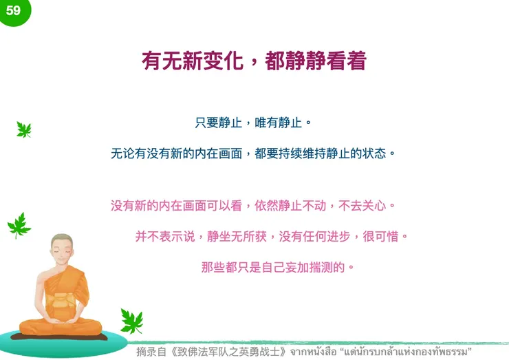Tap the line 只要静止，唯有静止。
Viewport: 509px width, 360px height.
254,123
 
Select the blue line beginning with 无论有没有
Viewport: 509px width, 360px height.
254,153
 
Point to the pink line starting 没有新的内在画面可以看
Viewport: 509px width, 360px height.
254,205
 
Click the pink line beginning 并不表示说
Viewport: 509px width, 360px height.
271,236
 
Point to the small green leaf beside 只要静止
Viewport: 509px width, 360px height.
24,129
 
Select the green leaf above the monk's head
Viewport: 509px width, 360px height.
19,224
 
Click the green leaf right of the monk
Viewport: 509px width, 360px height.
131,320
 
